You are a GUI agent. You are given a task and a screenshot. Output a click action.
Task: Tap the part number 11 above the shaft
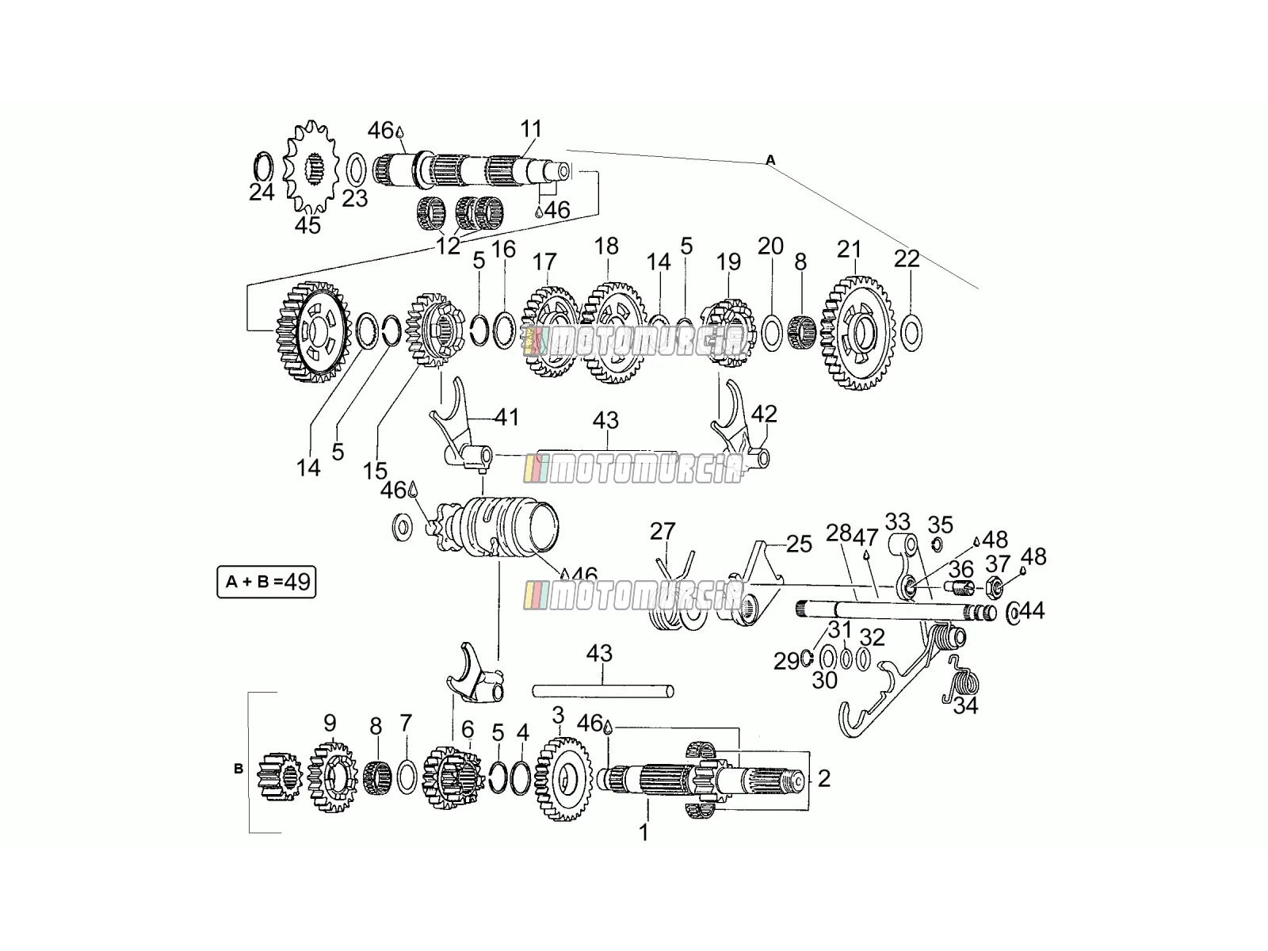pyautogui.click(x=531, y=128)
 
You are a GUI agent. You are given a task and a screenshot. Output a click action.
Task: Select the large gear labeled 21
pyautogui.click(x=857, y=333)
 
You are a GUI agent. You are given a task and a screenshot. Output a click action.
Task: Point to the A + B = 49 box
pyautogui.click(x=266, y=582)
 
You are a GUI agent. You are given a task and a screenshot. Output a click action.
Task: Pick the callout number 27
pyautogui.click(x=662, y=531)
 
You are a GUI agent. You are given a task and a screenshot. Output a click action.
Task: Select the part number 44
pyautogui.click(x=1032, y=610)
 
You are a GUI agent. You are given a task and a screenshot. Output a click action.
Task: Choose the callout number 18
pyautogui.click(x=606, y=246)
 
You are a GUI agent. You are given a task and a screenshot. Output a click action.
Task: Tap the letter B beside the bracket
pyautogui.click(x=239, y=769)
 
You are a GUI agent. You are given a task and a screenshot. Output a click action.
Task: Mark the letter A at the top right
pyautogui.click(x=770, y=160)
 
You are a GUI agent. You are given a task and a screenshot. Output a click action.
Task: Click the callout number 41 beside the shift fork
pyautogui.click(x=506, y=417)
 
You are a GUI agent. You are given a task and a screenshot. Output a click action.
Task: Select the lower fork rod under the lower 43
pyautogui.click(x=603, y=690)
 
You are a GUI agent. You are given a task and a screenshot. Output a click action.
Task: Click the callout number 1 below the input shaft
pyautogui.click(x=644, y=833)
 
